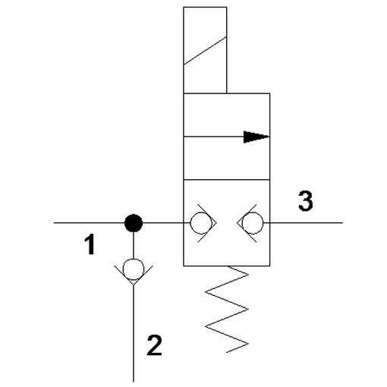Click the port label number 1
pos(90,244)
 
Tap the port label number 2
pos(154,345)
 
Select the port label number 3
pos(306,200)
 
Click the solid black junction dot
pos(134,223)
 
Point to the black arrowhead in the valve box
pos(256,137)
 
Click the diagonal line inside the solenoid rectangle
pos(205,51)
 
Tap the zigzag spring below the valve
pos(227,309)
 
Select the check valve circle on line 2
pos(134,269)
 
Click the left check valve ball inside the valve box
pos(201,223)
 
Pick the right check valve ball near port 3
pos(253,223)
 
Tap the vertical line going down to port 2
pos(134,333)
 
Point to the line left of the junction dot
pos(89,223)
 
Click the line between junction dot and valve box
pos(163,223)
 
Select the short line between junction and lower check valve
pos(134,245)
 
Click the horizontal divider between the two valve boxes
pos(227,180)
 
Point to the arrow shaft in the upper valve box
pos(214,137)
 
